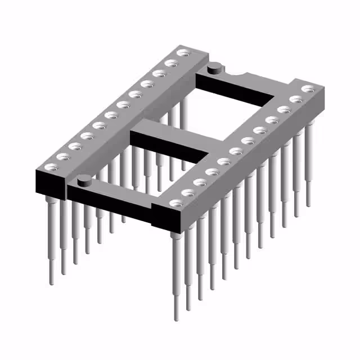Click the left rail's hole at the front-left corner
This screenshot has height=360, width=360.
coord(51,166)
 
